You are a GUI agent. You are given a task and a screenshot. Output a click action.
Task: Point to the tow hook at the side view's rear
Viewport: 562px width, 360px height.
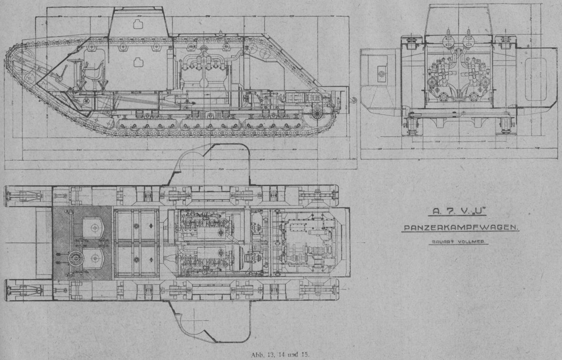(354, 99)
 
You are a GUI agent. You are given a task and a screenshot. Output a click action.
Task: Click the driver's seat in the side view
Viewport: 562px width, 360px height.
(93, 70)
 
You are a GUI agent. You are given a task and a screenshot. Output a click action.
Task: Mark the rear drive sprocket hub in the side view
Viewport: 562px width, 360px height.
(317, 114)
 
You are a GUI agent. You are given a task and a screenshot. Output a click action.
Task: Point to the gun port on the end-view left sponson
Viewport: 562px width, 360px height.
(380, 74)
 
